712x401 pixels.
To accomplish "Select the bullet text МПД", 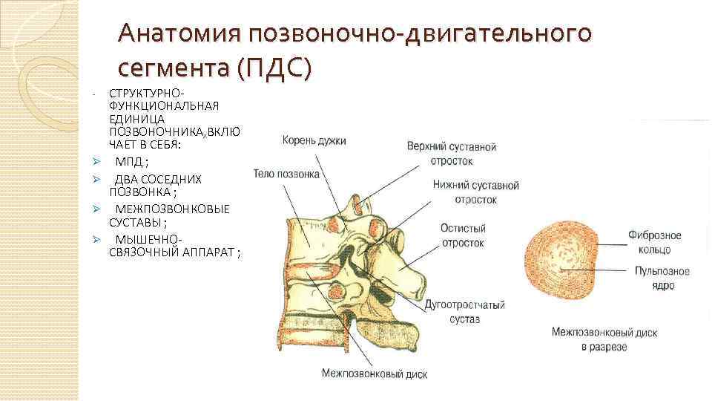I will [131, 161].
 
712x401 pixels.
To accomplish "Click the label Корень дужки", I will [312, 140].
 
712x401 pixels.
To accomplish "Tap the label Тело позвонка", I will [286, 174].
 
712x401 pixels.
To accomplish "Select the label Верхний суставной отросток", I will [451, 154].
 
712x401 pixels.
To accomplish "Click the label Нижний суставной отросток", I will [475, 192].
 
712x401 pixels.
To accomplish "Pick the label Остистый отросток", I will [462, 235].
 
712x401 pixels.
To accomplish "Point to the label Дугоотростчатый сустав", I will [464, 311].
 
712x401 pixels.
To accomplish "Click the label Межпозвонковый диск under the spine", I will [374, 374].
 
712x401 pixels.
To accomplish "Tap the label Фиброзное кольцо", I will [654, 241].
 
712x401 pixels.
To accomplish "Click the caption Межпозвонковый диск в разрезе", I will [604, 339].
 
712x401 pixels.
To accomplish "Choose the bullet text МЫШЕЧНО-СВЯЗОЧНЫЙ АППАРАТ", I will [174, 246].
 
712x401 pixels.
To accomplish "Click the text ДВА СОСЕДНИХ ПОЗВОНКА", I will [157, 186].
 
